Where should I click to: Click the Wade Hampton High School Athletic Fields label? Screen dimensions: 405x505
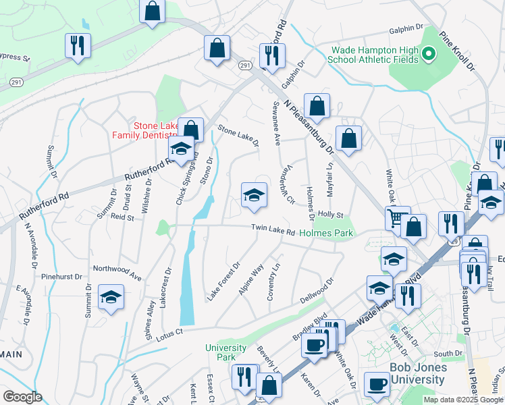coord(372,54)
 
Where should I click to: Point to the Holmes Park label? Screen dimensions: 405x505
coord(327,233)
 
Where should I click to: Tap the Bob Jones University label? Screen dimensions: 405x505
coord(418,373)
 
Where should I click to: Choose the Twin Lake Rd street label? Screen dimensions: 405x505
coord(273,231)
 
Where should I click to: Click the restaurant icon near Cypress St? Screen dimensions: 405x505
coord(78,45)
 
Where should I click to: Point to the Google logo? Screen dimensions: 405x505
coord(22,397)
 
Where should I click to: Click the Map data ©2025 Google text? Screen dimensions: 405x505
coord(462,400)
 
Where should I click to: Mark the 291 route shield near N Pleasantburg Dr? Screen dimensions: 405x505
coord(245,65)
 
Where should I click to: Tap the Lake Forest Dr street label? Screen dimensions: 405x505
coord(223,281)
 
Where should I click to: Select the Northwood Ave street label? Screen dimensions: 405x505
coord(117,271)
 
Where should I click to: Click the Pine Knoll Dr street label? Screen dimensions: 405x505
coord(458,49)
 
